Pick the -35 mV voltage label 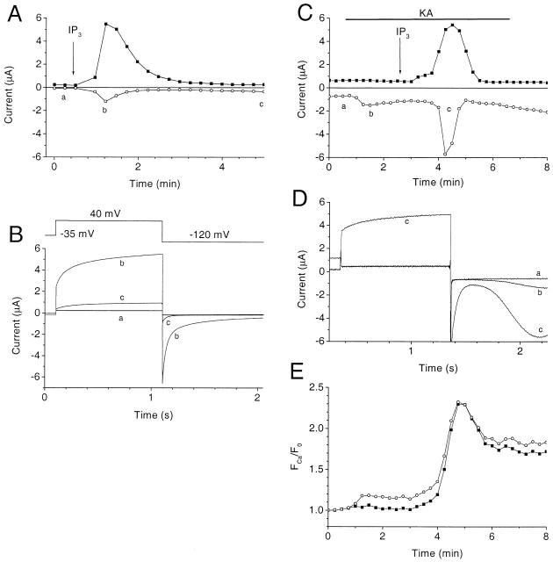tap(71, 234)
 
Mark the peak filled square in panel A tap(105, 25)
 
